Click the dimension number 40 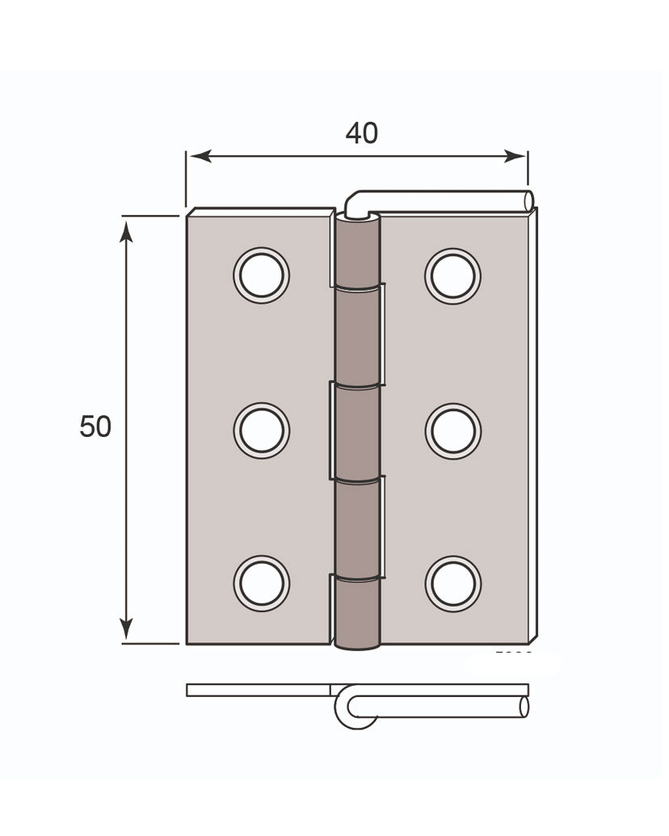(361, 132)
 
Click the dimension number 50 (95, 426)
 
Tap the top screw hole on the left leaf (261, 275)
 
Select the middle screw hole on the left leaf (261, 430)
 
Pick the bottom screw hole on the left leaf (261, 583)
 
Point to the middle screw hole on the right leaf (453, 431)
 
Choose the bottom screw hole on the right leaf (453, 583)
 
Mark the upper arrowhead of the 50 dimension (126, 232)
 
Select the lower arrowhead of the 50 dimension (126, 628)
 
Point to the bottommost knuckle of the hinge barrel (356, 611)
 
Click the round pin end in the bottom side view (524, 707)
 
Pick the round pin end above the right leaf (528, 200)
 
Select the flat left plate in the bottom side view (259, 691)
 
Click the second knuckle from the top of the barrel (356, 335)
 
